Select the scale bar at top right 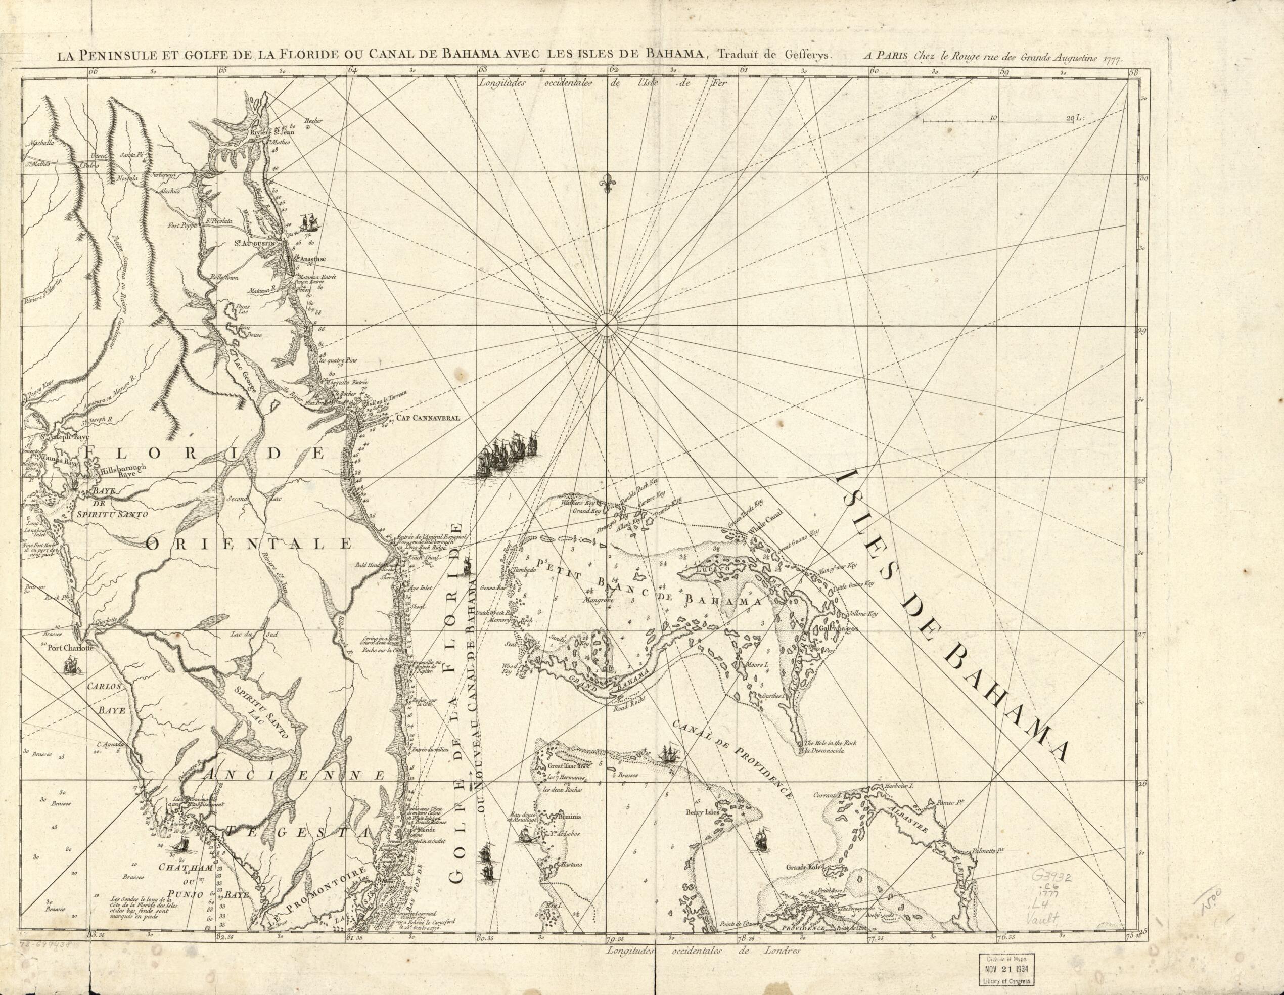pyautogui.click(x=999, y=120)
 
